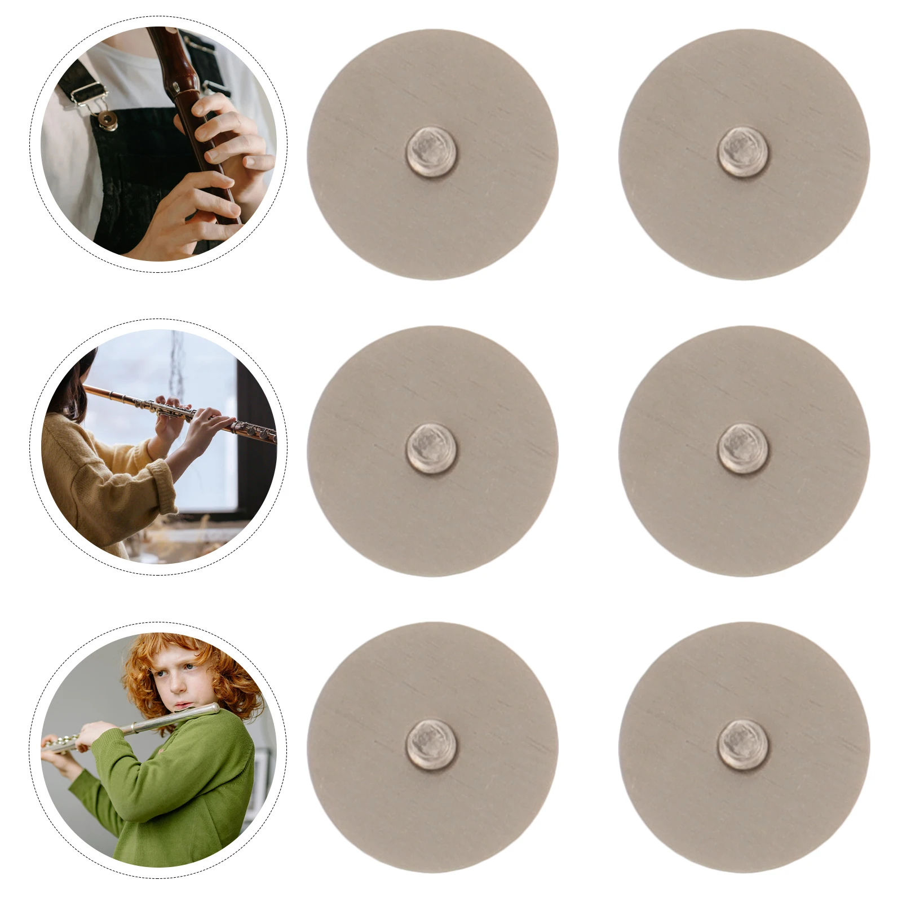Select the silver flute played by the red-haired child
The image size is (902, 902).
(x=141, y=727)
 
